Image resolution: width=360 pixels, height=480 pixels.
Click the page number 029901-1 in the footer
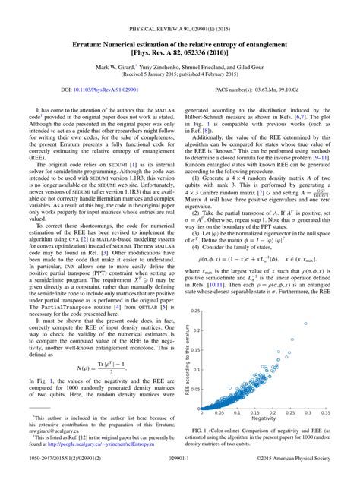[180, 470]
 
